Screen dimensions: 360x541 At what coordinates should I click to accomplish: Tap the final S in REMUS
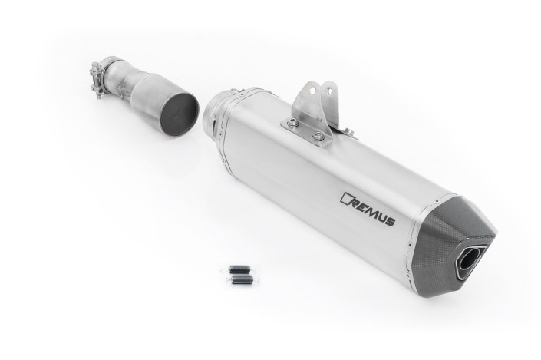(x=389, y=222)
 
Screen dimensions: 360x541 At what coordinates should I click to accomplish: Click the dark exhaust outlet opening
(x=466, y=264)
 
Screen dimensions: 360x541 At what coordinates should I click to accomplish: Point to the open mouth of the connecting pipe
(x=180, y=113)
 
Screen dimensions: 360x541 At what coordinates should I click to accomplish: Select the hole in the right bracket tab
(x=330, y=91)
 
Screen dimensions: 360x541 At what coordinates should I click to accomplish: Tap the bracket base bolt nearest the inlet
(x=293, y=121)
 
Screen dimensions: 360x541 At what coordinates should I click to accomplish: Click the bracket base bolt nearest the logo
(x=318, y=136)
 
